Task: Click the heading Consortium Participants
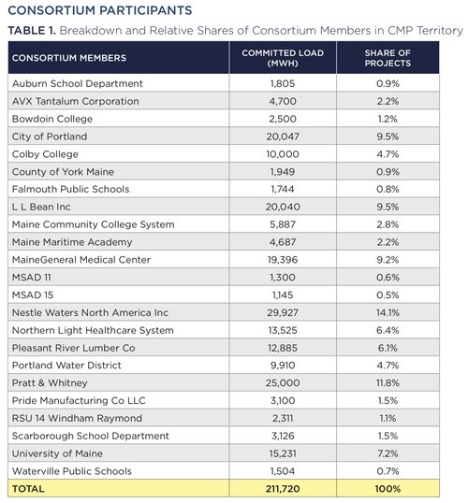click(100, 10)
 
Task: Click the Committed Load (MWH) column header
click(283, 58)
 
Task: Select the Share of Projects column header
click(388, 58)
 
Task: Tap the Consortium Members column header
click(69, 58)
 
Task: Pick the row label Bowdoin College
click(52, 119)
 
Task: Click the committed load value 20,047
click(283, 137)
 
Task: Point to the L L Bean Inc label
click(41, 207)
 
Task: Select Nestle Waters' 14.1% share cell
click(388, 313)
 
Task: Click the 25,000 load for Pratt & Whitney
click(283, 383)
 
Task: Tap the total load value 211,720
click(283, 489)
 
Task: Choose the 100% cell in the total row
click(388, 489)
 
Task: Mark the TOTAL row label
click(28, 489)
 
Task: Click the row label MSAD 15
click(33, 295)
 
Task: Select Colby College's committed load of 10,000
click(283, 154)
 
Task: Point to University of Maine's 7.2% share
click(388, 453)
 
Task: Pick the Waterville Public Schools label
click(72, 471)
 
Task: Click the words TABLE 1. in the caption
click(32, 31)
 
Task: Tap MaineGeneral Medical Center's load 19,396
click(283, 260)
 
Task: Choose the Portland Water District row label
click(66, 366)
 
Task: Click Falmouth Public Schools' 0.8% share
click(388, 189)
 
